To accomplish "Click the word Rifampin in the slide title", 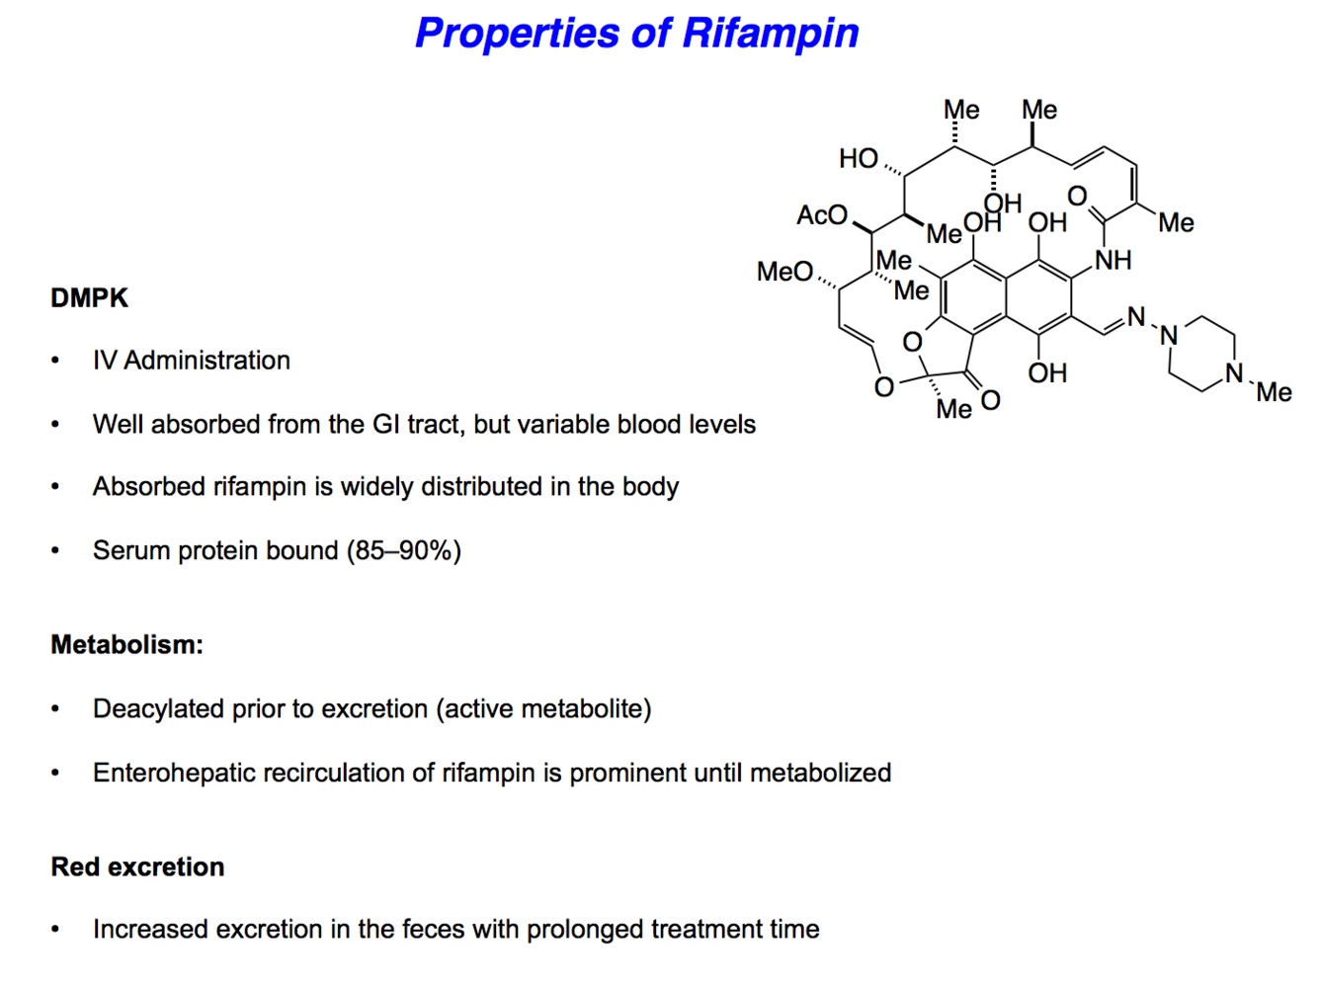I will tap(770, 34).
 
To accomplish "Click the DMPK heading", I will tap(89, 298).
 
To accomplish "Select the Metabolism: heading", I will tap(126, 645).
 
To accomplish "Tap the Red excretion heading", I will tap(137, 867).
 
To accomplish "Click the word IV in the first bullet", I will tap(104, 361).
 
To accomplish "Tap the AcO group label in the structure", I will tap(822, 215).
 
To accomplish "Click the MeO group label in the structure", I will tap(784, 272).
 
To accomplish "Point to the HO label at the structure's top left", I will tap(858, 158).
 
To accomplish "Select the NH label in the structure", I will tap(1112, 261).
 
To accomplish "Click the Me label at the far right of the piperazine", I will tap(1274, 392).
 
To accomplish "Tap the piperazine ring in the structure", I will tap(1201, 354).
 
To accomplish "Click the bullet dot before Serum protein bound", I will tap(55, 551).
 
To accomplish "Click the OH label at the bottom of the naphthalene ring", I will tap(1047, 373).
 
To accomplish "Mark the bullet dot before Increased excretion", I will tap(55, 930).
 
